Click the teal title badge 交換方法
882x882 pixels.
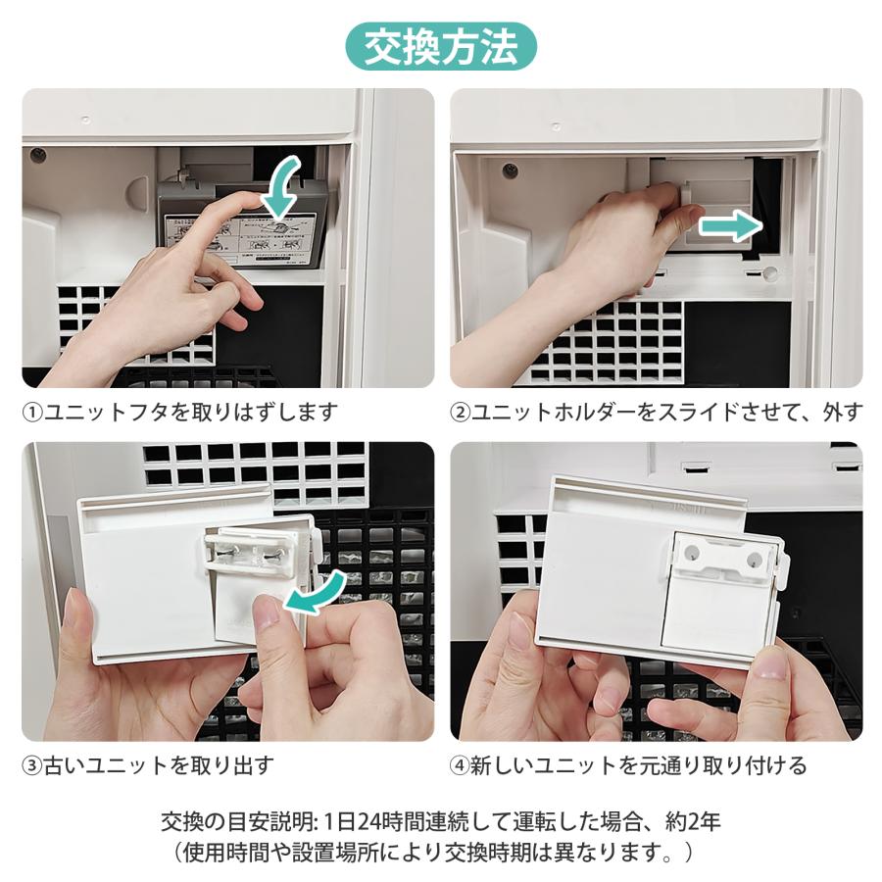440,46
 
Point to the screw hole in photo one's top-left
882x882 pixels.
38,155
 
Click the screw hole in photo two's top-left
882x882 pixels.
510,170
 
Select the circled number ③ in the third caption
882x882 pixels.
33,765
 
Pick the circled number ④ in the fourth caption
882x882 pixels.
461,765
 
